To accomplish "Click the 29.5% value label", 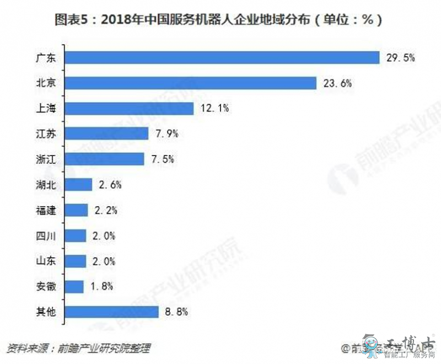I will coord(400,57).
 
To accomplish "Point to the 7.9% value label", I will coord(168,133).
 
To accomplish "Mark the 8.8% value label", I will coord(178,312).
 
